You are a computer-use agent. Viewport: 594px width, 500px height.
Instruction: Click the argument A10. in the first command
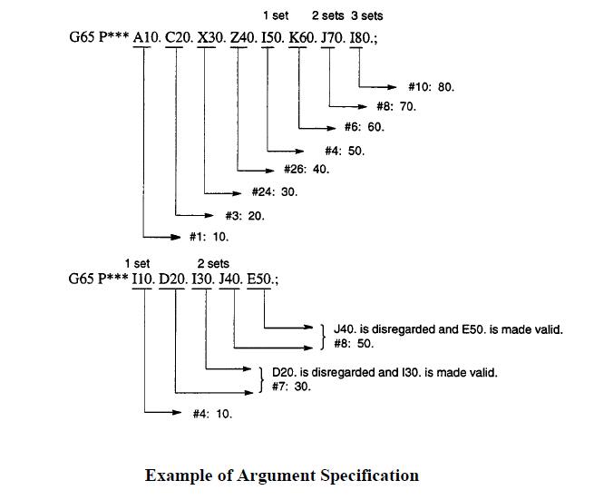(147, 37)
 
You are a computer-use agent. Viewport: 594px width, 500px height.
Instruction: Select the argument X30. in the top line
(212, 37)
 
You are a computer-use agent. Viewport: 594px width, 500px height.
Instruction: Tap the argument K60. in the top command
(303, 37)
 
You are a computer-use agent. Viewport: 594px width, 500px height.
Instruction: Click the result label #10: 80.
(431, 87)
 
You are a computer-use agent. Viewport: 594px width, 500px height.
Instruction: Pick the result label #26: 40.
(307, 169)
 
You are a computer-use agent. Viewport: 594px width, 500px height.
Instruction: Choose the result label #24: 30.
(275, 191)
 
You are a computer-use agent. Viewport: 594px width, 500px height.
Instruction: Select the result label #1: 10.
(209, 237)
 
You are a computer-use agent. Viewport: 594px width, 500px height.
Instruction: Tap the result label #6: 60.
(364, 127)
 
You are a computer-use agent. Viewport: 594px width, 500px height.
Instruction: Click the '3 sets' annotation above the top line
(366, 16)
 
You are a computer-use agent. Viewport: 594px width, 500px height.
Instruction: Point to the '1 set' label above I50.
(276, 16)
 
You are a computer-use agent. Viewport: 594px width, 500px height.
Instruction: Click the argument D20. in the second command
(173, 279)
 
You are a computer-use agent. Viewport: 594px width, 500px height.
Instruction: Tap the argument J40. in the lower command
(230, 279)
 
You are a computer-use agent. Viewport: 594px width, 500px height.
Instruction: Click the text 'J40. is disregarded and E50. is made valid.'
(448, 329)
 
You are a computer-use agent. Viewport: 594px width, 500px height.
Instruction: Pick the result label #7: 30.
(291, 387)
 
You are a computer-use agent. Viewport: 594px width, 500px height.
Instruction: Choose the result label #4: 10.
(212, 414)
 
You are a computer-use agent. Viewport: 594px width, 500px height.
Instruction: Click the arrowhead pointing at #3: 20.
(209, 216)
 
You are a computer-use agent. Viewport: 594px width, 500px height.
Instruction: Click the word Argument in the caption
(277, 475)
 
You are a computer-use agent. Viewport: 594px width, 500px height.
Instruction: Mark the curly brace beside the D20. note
(261, 379)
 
